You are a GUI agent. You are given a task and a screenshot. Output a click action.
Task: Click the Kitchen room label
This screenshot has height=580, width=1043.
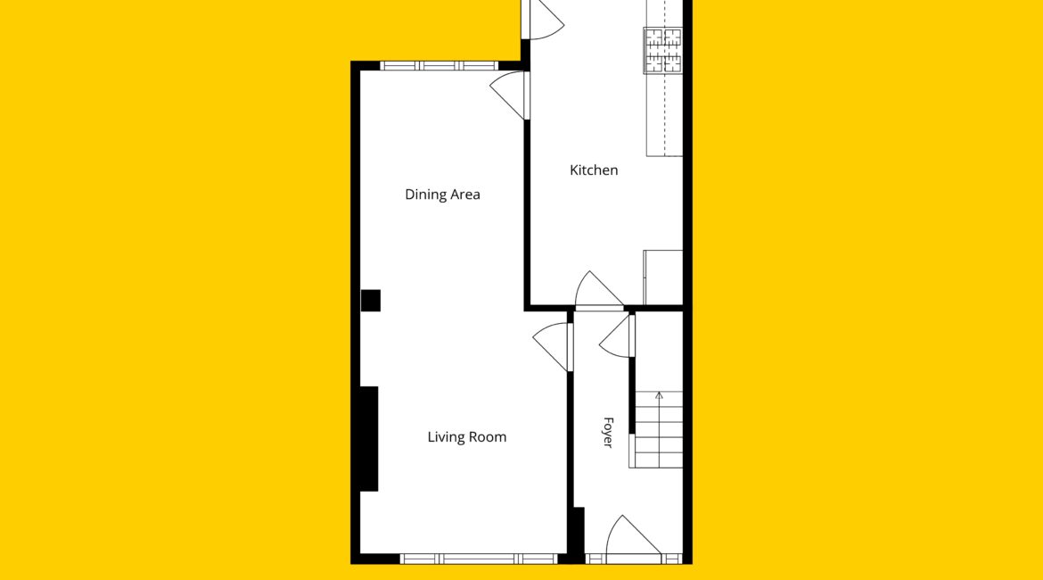tap(594, 170)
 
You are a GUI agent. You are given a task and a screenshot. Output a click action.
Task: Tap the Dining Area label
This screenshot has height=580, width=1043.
tap(442, 195)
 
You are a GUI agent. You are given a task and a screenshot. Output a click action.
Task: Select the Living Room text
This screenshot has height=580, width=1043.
tap(467, 437)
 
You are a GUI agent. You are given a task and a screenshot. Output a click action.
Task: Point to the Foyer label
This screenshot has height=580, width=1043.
tap(608, 432)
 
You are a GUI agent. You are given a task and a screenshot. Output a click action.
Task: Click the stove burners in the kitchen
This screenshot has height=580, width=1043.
tap(662, 51)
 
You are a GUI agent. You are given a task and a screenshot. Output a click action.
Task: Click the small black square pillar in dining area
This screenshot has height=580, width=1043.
tap(371, 301)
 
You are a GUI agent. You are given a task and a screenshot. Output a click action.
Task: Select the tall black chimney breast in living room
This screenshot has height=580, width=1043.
tap(369, 439)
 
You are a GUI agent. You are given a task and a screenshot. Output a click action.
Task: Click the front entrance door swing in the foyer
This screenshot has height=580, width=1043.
tap(633, 536)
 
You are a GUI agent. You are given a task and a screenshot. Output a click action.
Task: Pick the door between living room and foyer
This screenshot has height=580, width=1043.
tap(553, 346)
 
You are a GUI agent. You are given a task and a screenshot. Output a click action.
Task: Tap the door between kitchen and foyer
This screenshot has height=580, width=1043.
tap(599, 291)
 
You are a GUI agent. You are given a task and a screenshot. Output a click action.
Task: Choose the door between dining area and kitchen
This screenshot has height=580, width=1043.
tap(510, 95)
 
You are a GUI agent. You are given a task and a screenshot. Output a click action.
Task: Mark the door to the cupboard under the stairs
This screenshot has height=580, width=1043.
tap(617, 336)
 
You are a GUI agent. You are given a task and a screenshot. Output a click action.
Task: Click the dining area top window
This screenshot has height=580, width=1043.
tap(439, 66)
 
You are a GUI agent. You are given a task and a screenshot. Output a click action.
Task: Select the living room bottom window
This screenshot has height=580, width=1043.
tap(479, 559)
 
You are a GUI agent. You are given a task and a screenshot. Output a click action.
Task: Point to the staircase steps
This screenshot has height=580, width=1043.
tap(659, 429)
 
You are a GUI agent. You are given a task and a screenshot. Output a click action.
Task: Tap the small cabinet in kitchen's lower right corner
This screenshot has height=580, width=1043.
tap(662, 278)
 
